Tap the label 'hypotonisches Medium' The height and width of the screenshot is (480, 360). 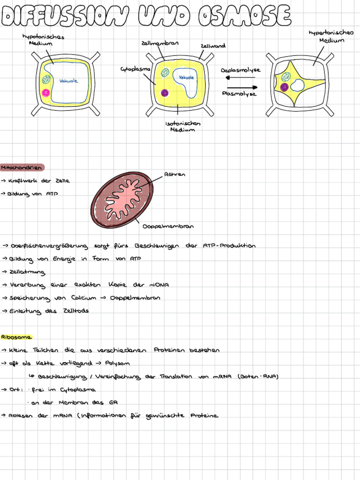tap(43, 40)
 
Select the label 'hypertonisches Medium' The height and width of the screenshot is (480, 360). tap(331, 36)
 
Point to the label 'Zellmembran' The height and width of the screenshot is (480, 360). tap(159, 43)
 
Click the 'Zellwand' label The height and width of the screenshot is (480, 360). tap(213, 46)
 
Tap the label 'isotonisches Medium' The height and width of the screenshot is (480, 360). tap(183, 127)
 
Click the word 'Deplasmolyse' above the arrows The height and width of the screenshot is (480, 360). tap(240, 70)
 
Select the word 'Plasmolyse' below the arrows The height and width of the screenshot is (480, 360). tap(239, 93)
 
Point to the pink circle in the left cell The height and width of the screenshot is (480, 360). tap(46, 93)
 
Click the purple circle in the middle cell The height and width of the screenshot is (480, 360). tap(165, 93)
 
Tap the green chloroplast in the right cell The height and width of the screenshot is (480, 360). tap(285, 76)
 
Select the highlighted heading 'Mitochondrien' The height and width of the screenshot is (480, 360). tap(22, 167)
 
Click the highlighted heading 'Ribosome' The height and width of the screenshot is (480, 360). tap(16, 337)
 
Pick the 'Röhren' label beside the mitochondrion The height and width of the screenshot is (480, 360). tap(174, 174)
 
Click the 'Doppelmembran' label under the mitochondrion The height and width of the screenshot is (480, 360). tap(168, 226)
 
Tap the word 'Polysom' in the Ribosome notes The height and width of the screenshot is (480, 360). tap(117, 363)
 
